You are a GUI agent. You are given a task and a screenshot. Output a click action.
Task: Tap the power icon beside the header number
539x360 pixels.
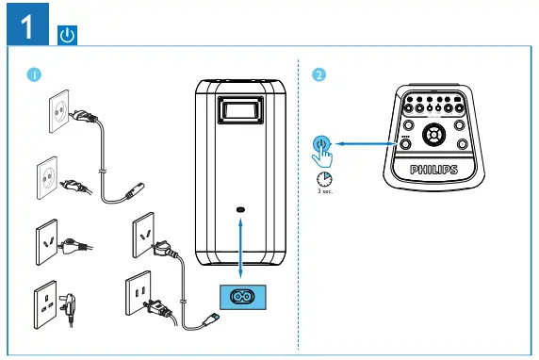pos(68,36)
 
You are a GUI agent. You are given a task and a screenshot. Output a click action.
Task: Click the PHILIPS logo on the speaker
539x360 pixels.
pos(433,169)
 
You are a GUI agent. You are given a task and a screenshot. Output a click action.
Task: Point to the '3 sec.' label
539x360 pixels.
pos(325,191)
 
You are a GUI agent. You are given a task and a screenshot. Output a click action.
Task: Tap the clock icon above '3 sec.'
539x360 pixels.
pos(324,179)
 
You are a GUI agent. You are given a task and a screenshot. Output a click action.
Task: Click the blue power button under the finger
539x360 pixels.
pos(321,143)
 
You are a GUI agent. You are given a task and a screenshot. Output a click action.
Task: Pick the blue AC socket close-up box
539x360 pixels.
pos(242,294)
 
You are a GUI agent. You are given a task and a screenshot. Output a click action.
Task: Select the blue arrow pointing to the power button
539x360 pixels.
pos(367,143)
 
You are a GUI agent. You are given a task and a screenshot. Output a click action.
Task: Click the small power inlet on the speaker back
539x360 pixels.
pos(242,209)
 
